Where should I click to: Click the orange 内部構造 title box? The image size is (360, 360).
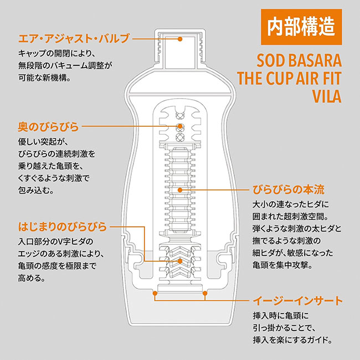pyautogui.click(x=301, y=27)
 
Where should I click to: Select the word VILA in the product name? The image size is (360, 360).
pyautogui.click(x=327, y=96)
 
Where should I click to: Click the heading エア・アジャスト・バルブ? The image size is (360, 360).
pyautogui.click(x=74, y=39)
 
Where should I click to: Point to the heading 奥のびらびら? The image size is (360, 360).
pyautogui.click(x=48, y=126)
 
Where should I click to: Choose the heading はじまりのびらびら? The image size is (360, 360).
pyautogui.click(x=63, y=227)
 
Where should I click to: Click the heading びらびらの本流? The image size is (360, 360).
pyautogui.click(x=289, y=190)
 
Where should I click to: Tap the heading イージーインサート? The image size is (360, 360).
pyautogui.click(x=297, y=300)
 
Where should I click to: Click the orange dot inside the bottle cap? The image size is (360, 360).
pyautogui.click(x=180, y=39)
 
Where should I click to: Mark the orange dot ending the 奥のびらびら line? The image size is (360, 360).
pyautogui.click(x=180, y=126)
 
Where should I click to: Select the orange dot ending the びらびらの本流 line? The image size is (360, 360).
pyautogui.click(x=180, y=190)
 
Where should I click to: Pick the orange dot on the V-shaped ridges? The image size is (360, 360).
pyautogui.click(x=180, y=261)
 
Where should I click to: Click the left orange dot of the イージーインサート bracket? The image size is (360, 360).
pyautogui.click(x=155, y=293)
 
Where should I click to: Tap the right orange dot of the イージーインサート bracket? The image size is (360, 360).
pyautogui.click(x=205, y=293)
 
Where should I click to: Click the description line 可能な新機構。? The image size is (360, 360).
pyautogui.click(x=44, y=78)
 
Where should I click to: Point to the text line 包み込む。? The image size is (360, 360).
pyautogui.click(x=36, y=190)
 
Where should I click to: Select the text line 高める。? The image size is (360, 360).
pyautogui.click(x=32, y=278)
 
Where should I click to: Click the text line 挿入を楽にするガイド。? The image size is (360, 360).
pyautogui.click(x=293, y=340)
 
